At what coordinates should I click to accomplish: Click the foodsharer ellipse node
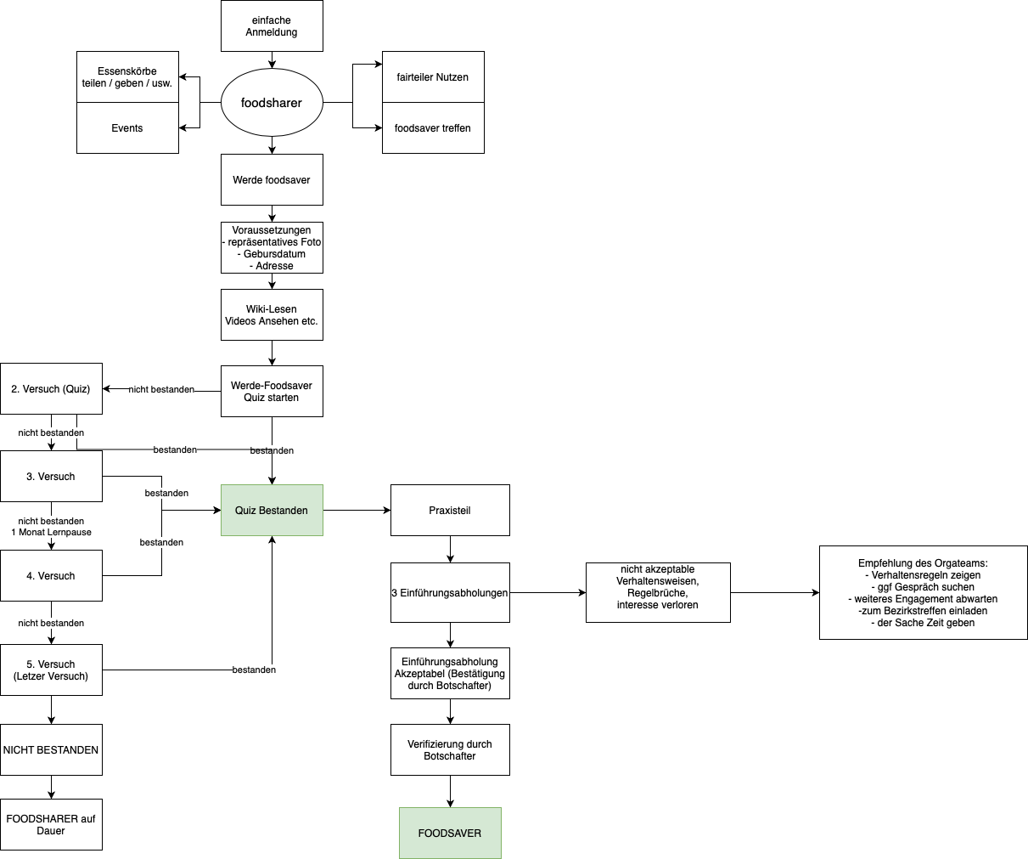[x=272, y=103]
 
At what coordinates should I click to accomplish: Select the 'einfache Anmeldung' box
[x=272, y=26]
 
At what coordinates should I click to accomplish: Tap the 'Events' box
[x=127, y=128]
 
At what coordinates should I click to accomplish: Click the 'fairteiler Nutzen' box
[x=433, y=77]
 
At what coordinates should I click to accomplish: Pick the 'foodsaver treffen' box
[x=433, y=128]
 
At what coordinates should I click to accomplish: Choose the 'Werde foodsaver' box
[x=272, y=180]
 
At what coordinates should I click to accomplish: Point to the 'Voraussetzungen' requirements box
[x=272, y=248]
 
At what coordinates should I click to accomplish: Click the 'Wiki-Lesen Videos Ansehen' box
[x=272, y=315]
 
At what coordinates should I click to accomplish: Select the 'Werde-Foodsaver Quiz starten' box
[x=272, y=392]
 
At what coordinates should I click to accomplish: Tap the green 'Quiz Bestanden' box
[x=272, y=511]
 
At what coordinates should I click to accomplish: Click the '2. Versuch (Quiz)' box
[x=51, y=389]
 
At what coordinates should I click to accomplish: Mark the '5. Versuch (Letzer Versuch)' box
[x=51, y=670]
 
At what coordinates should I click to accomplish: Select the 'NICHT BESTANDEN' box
[x=51, y=750]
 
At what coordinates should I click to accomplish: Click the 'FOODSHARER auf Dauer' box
[x=51, y=825]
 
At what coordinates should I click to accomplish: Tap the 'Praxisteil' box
[x=450, y=511]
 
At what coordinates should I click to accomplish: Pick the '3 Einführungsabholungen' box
[x=450, y=593]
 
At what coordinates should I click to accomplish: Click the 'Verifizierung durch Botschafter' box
[x=450, y=750]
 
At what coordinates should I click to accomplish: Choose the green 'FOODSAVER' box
[x=450, y=834]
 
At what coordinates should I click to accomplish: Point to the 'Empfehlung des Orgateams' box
[x=924, y=593]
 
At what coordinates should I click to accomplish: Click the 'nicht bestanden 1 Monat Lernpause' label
[x=51, y=527]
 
